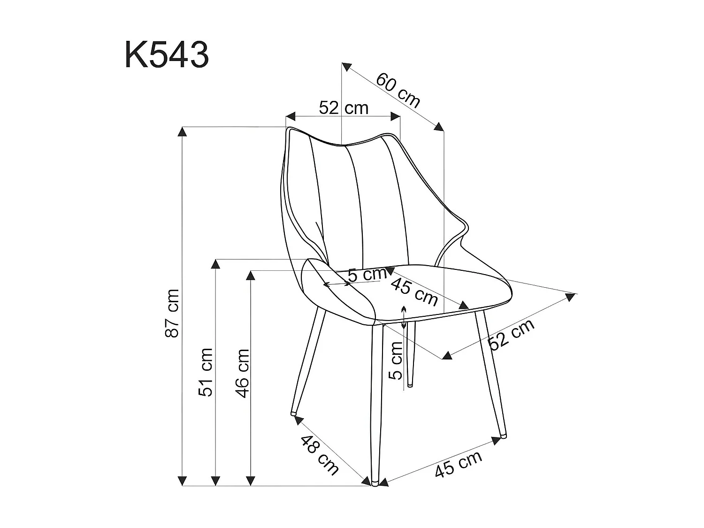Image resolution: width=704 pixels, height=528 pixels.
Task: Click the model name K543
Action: pos(167,55)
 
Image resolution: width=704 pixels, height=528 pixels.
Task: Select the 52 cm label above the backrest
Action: pos(344,108)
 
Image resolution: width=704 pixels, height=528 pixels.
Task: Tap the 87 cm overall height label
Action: pos(172,313)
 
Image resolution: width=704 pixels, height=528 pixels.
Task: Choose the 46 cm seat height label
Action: pos(242,373)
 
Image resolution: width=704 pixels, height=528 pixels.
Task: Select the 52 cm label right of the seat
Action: pos(511,334)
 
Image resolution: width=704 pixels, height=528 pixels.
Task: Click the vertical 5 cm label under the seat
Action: pos(397,360)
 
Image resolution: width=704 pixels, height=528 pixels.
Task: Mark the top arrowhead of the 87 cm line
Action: pos(182,132)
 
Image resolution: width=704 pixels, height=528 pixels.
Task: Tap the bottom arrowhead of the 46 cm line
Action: pos(252,480)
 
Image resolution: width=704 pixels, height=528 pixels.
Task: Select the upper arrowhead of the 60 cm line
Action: pos(346,67)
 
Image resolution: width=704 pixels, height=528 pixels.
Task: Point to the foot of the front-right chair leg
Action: pos(503,436)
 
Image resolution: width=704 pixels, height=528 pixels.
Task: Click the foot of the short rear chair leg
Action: pos(410,385)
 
